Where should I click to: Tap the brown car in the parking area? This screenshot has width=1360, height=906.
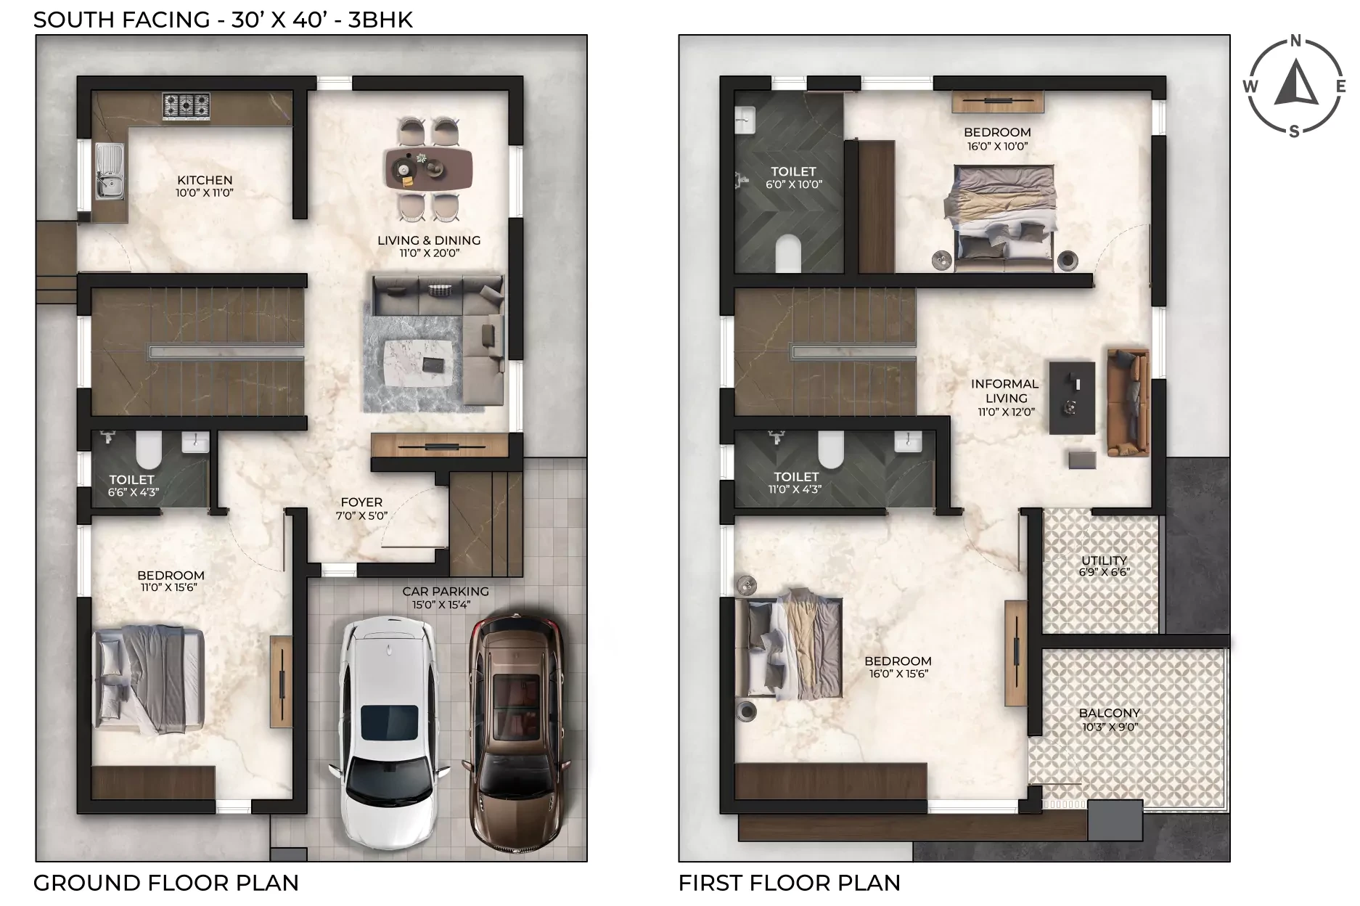pyautogui.click(x=516, y=734)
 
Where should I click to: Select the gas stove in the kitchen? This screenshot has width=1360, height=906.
pyautogui.click(x=187, y=105)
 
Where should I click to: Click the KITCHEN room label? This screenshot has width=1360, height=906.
pyautogui.click(x=205, y=180)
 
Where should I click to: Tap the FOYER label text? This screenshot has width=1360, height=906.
pyautogui.click(x=361, y=502)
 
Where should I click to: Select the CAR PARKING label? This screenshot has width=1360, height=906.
pyautogui.click(x=446, y=592)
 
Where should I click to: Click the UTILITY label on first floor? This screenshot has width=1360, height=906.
pyautogui.click(x=1104, y=560)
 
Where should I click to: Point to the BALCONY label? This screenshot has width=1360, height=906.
pyautogui.click(x=1110, y=714)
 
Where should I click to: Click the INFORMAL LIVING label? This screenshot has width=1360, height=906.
pyautogui.click(x=1005, y=391)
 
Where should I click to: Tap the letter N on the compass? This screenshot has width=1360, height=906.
pyautogui.click(x=1295, y=41)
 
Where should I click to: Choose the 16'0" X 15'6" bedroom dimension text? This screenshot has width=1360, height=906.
pyautogui.click(x=898, y=674)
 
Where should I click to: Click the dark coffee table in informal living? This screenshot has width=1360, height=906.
pyautogui.click(x=1072, y=398)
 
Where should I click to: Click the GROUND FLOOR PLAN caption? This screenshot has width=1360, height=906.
pyautogui.click(x=166, y=883)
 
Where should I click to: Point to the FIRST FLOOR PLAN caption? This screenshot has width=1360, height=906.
pyautogui.click(x=790, y=883)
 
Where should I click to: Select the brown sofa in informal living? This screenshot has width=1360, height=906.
pyautogui.click(x=1128, y=402)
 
